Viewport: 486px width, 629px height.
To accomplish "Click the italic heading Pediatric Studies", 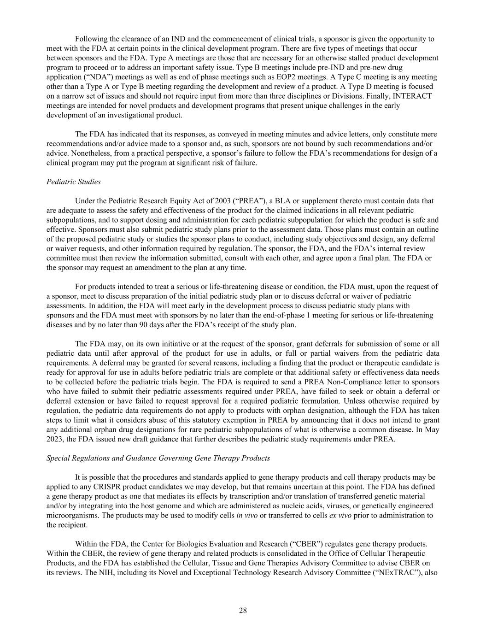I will pyautogui.click(x=74, y=182).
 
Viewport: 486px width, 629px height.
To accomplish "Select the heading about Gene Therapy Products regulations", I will pyautogui.click(x=158, y=458).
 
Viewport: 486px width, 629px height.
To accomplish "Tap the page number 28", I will pyautogui.click(x=243, y=611).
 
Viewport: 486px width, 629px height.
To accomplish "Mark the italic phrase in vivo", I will pyautogui.click(x=246, y=515).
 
